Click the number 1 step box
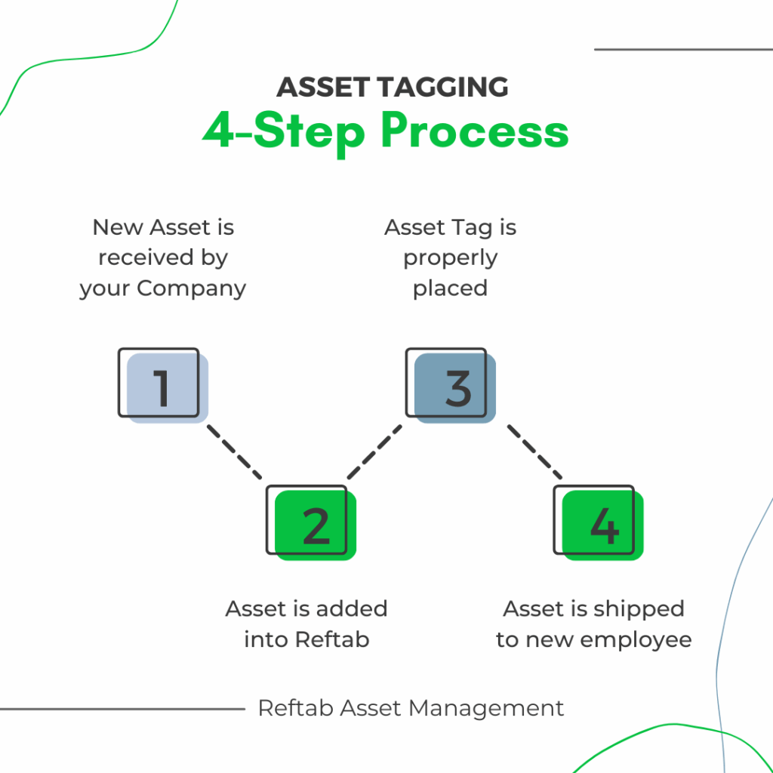coord(162,385)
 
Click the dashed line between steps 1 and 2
coord(234,451)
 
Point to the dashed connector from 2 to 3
coord(375,451)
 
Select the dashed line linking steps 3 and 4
coord(534,451)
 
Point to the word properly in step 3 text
coord(450,258)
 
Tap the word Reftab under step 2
coord(332,640)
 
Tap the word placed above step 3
coord(450,288)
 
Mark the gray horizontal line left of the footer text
coord(121,709)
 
